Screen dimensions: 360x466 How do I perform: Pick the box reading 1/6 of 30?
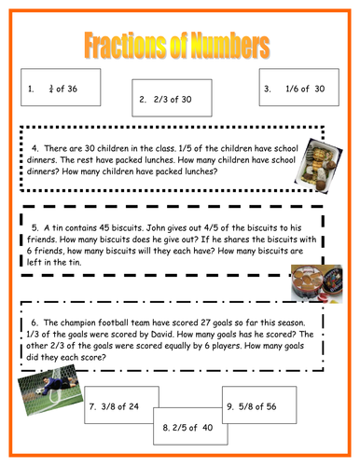(295, 89)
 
